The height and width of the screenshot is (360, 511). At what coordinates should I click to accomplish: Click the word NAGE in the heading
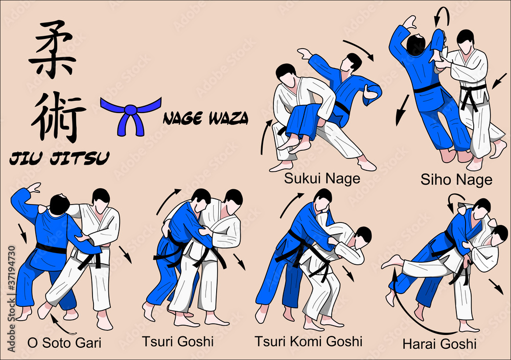(183, 118)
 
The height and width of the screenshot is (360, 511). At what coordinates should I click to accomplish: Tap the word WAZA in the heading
(228, 118)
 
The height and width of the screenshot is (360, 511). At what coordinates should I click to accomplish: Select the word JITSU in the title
(80, 158)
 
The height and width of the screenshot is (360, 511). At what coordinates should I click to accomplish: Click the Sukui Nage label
(322, 178)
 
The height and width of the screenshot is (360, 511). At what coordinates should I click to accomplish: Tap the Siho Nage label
(456, 179)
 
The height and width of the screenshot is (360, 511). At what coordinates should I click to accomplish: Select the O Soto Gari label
(64, 343)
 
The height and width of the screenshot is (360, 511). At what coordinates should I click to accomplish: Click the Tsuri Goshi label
(178, 342)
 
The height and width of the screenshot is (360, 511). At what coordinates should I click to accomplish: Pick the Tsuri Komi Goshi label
(308, 342)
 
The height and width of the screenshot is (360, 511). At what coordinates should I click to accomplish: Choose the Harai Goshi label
(439, 344)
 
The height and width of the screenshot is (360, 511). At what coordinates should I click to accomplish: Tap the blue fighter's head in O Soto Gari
(60, 205)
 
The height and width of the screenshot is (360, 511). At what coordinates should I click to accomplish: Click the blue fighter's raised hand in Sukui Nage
(305, 53)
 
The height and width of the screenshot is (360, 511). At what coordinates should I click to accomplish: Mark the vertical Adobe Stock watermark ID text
(11, 299)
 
